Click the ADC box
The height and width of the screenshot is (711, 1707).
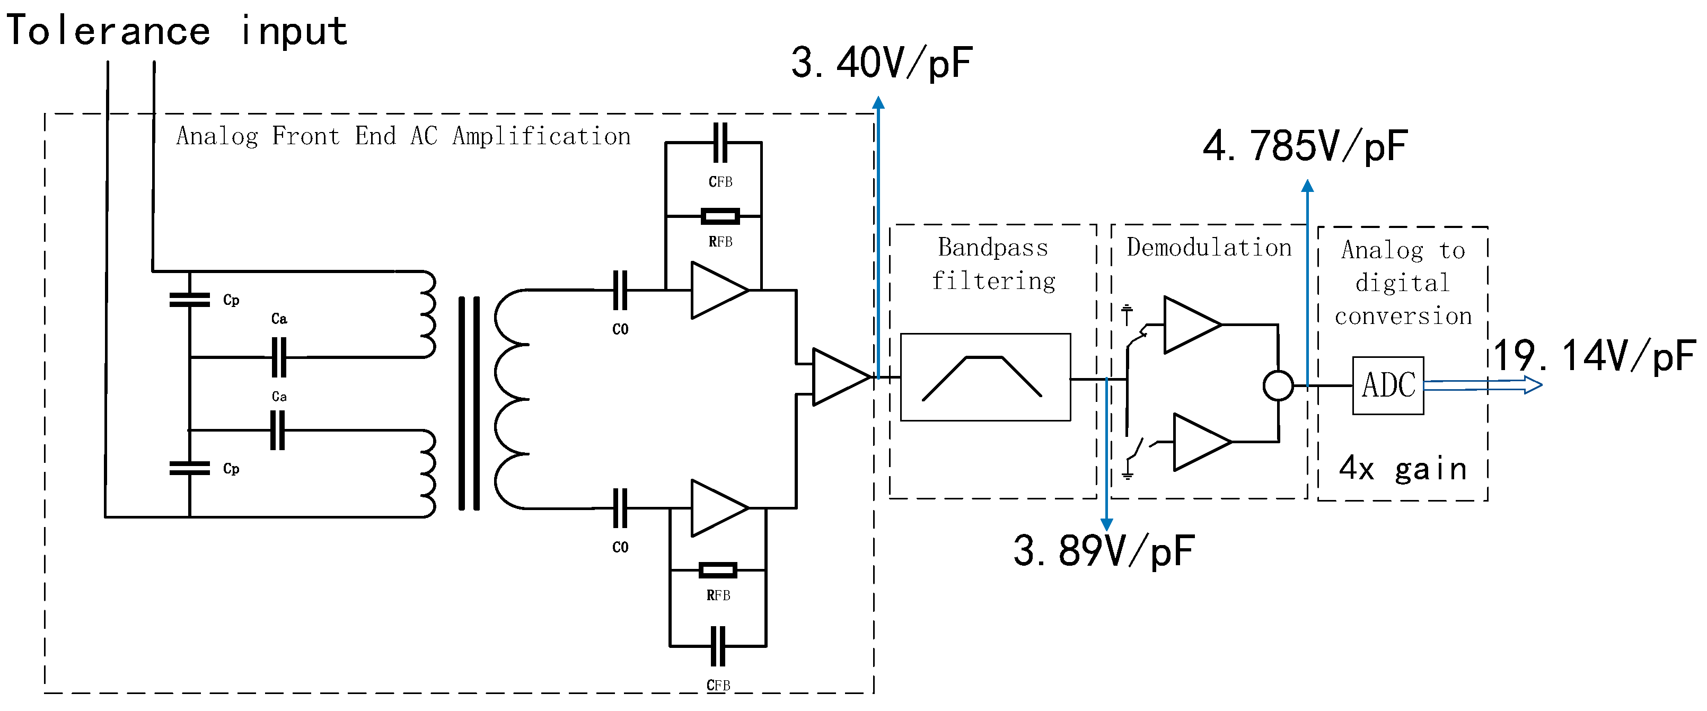[x=1388, y=385]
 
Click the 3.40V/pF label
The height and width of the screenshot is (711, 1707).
[x=881, y=64]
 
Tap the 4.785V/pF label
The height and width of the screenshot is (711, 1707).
[x=1305, y=146]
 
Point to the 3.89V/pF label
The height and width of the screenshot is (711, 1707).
[x=1103, y=551]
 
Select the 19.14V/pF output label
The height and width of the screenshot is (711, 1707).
[x=1594, y=356]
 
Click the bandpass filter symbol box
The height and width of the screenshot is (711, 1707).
[x=986, y=377]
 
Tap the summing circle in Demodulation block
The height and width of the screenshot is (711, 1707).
[x=1278, y=385]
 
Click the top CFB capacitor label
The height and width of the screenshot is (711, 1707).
[x=720, y=181]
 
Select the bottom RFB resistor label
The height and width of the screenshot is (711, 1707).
[x=718, y=595]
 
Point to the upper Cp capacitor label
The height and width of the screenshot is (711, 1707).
[x=231, y=300]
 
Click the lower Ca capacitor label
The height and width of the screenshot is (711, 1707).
[x=279, y=396]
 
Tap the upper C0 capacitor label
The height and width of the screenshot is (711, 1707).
[x=620, y=329]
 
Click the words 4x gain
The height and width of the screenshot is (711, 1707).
[x=1402, y=469]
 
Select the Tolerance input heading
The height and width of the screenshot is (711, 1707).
[x=176, y=31]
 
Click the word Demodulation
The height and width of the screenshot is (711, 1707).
[x=1209, y=248]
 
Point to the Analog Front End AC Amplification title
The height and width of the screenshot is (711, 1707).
[x=403, y=136]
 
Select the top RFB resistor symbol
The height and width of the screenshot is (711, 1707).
[x=720, y=216]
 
